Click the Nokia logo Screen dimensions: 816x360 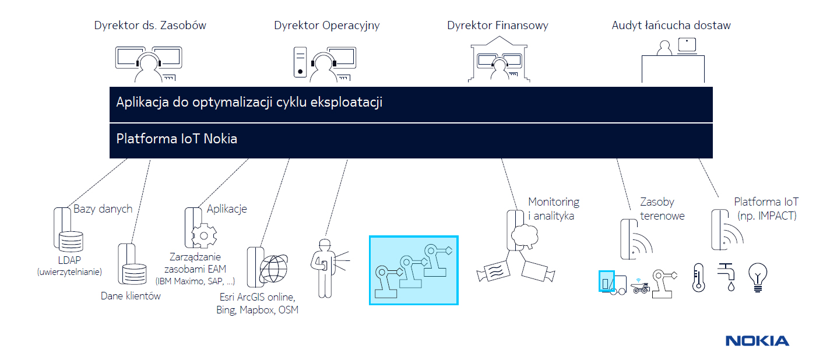[757, 341]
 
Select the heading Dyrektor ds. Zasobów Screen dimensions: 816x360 [150, 25]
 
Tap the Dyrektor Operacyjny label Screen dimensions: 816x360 [327, 26]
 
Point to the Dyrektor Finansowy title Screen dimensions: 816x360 [498, 26]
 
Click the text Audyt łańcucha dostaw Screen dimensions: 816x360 [671, 25]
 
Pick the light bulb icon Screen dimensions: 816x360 [758, 277]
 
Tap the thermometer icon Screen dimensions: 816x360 [698, 277]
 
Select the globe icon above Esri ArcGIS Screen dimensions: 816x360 [273, 269]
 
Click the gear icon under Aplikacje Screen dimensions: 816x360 [204, 235]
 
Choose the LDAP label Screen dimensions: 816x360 [69, 260]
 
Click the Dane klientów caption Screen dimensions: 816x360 [131, 296]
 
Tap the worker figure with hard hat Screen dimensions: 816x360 [325, 268]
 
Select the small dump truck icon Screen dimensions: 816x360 [641, 287]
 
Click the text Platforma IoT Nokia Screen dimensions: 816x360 [177, 139]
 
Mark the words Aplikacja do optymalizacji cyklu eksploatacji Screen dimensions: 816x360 [249, 103]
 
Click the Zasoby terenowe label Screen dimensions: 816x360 [662, 209]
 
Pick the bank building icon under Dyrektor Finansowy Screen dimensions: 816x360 [499, 59]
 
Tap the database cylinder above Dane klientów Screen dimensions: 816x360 [134, 273]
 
